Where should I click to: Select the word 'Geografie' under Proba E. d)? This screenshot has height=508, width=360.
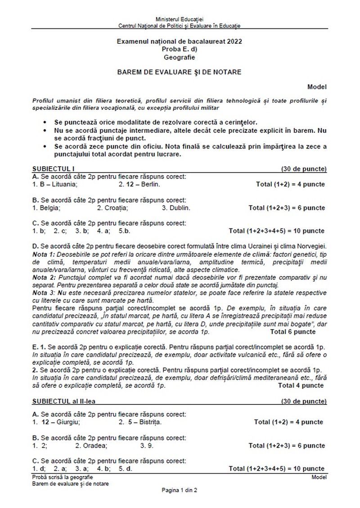[x=180, y=57]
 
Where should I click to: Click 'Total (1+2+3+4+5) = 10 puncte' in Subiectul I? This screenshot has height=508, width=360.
[x=276, y=231]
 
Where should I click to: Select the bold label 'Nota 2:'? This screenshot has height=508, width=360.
[x=44, y=274]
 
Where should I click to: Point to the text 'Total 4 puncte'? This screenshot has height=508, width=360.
[x=301, y=386]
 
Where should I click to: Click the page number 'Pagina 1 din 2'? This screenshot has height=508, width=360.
[x=180, y=490]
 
